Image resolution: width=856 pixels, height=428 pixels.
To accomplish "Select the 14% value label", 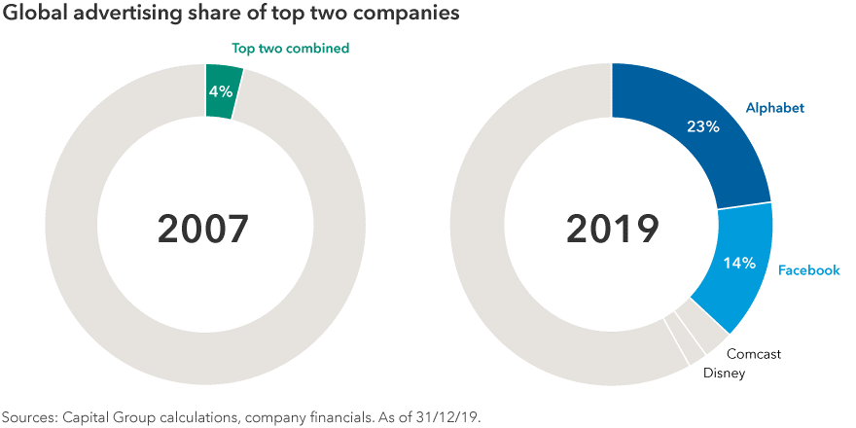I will [739, 263].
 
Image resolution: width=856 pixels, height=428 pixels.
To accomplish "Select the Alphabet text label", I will [775, 108].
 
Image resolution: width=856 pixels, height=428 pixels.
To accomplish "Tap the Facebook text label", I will [808, 270].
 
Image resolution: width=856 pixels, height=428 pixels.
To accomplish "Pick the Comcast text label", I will [754, 354].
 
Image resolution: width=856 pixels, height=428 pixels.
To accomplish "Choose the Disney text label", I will [725, 373].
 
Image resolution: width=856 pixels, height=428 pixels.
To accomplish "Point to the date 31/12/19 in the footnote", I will [449, 415].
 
